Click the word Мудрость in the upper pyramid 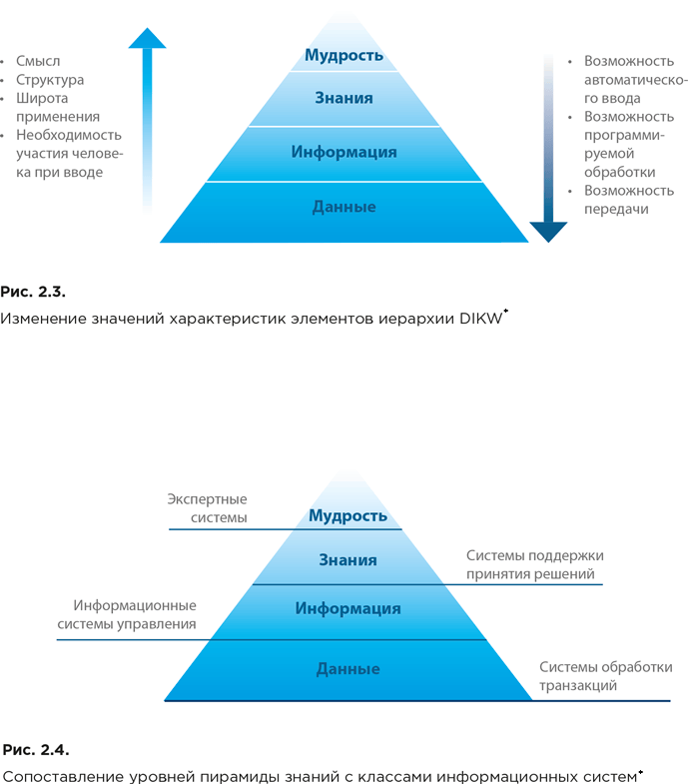pos(344,55)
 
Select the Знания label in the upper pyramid pos(344,98)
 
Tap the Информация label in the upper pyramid pos(344,153)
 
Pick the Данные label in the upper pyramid pos(344,207)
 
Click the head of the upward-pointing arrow pos(147,38)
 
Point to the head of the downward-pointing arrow pos(547,232)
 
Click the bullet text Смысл pos(38,62)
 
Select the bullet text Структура pos(50,80)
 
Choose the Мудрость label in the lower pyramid pos(347,515)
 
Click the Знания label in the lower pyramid pos(347,560)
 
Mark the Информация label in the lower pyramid pos(347,608)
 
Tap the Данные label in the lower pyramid pos(347,668)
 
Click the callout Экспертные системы pos(207,508)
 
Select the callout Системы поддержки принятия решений pos(534,565)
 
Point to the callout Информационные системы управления pos(135,615)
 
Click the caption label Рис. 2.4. pos(36,748)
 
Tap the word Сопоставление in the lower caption pos(60,776)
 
